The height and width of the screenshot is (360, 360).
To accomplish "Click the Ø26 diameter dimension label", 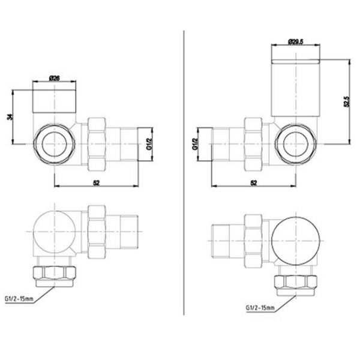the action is coord(55,78).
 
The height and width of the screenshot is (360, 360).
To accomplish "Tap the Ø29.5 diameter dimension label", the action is coord(296,42).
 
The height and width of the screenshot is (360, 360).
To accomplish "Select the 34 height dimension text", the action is coord(10,117).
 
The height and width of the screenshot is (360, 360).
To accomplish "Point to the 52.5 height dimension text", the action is coord(346,102).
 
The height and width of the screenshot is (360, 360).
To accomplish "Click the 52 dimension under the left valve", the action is coord(97,183).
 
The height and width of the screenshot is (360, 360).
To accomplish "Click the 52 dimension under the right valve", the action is coord(253,183).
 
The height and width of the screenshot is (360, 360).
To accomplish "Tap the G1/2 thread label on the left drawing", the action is coord(149,144).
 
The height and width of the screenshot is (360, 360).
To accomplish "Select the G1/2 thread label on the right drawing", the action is coord(195,144).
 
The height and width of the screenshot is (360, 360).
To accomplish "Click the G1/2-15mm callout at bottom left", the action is coord(19,299).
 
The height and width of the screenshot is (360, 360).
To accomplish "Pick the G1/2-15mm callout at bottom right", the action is coord(260,308).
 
